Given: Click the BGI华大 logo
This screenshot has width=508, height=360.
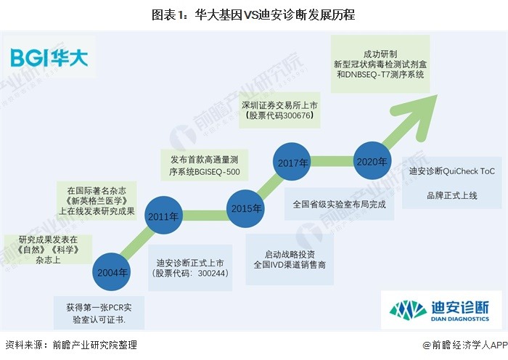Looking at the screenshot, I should click(49, 57).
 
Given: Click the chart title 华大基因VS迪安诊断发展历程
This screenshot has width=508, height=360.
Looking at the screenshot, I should click(254, 15).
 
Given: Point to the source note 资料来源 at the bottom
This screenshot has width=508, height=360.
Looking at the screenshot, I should click(71, 345).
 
